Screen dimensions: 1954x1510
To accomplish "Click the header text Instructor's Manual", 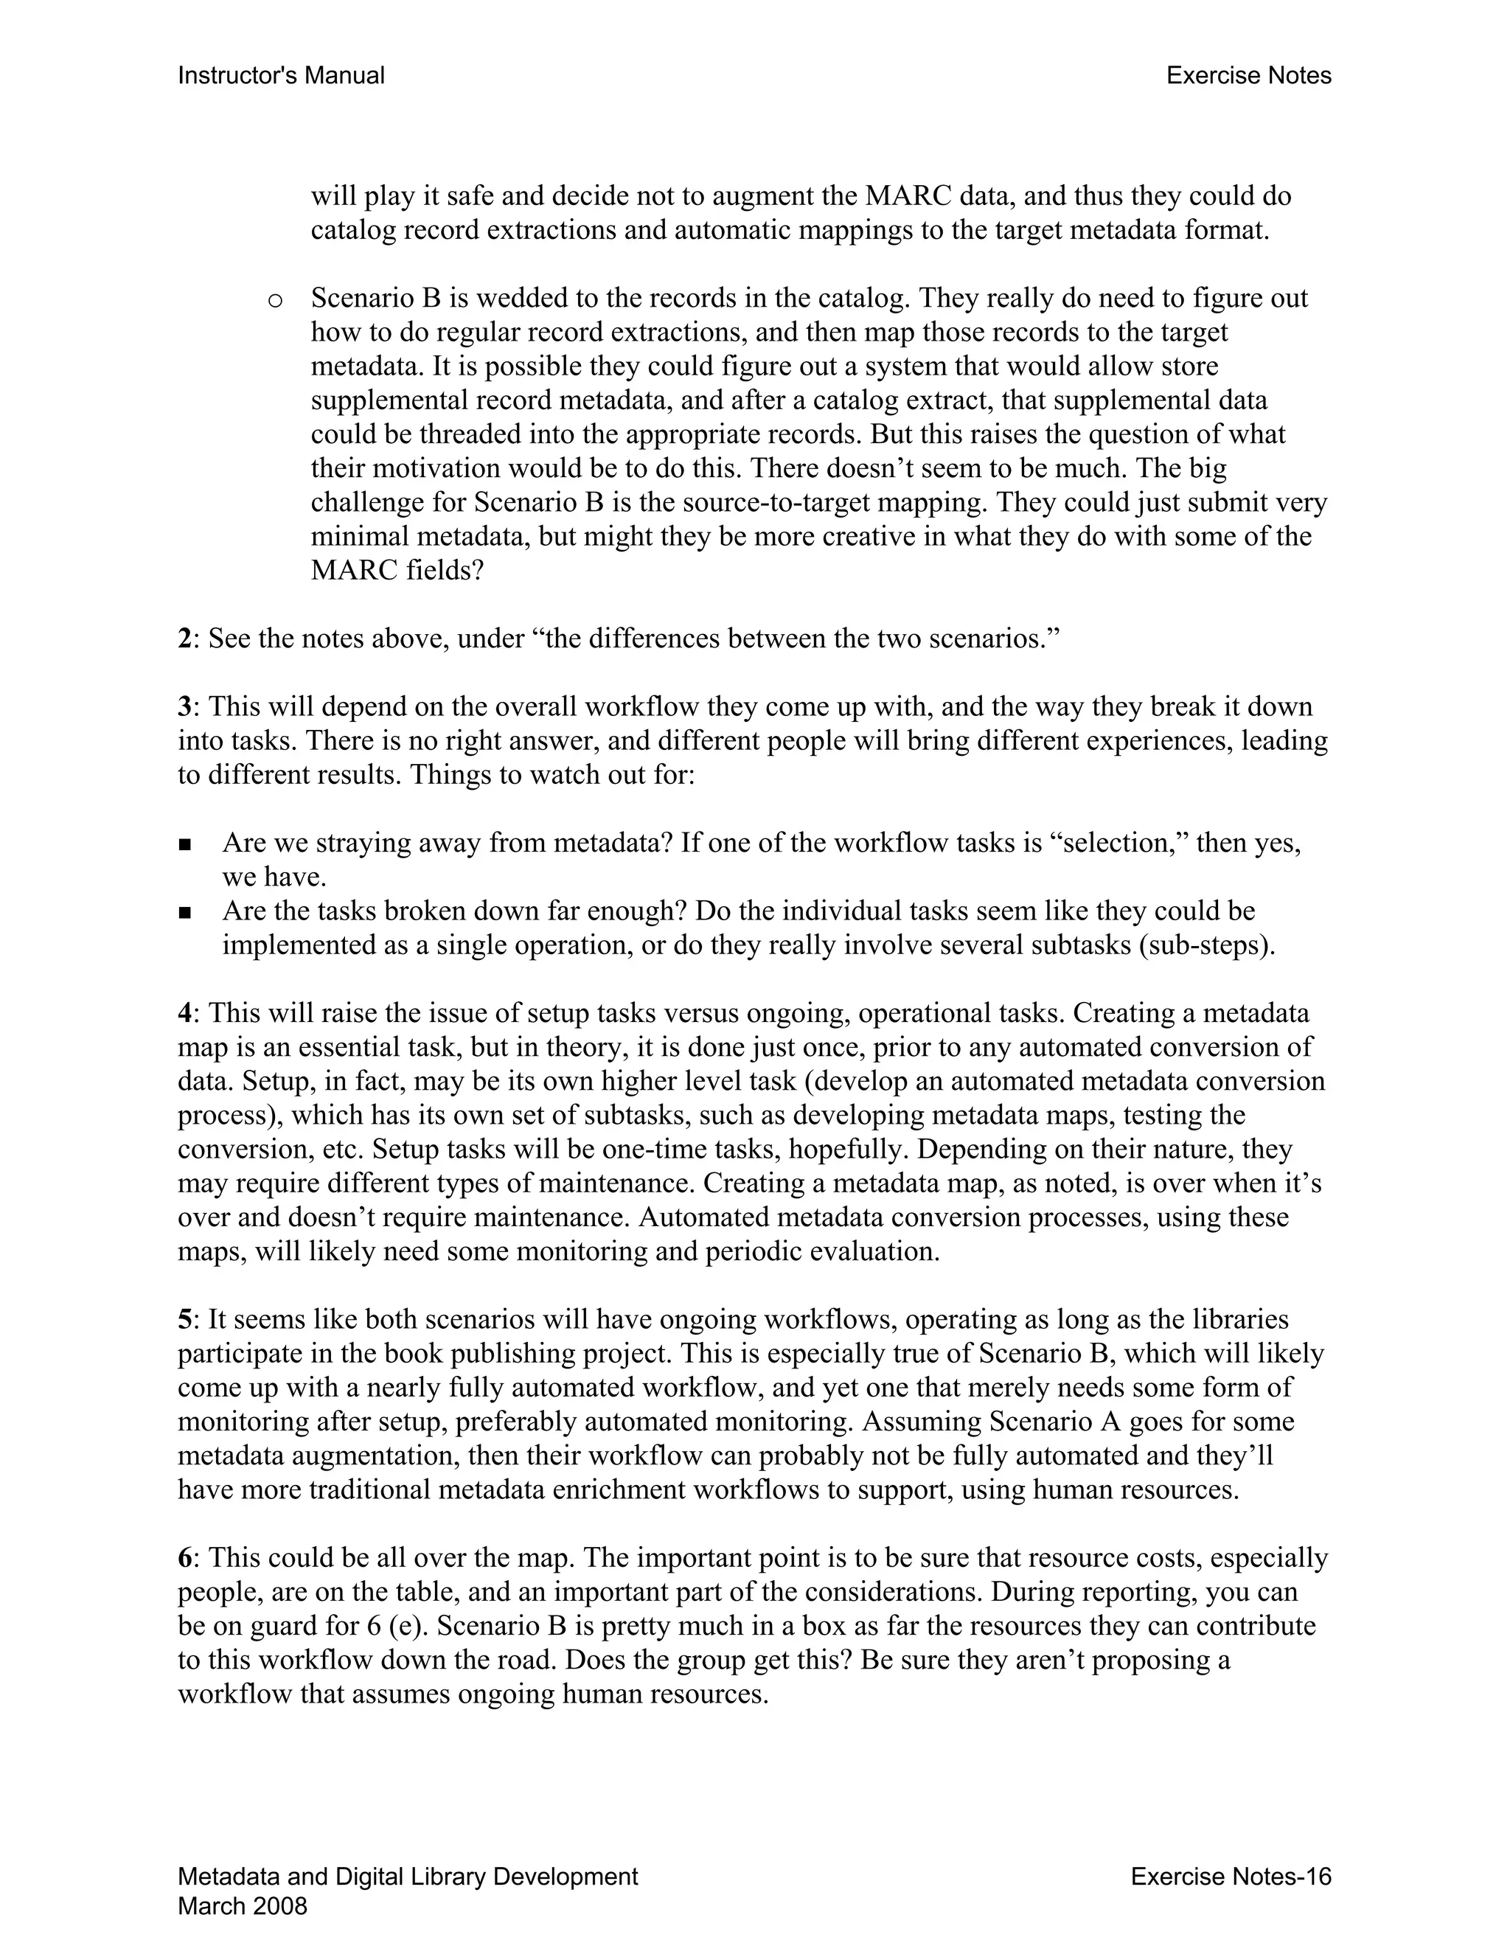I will [x=281, y=76].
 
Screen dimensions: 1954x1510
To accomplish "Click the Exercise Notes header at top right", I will [x=1248, y=76].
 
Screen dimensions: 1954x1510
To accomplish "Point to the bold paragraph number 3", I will [x=184, y=707].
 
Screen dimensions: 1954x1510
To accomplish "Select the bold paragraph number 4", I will [x=184, y=1014].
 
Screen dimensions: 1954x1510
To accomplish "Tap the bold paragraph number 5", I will [x=184, y=1320].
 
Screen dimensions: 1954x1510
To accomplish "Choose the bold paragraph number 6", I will [x=184, y=1559].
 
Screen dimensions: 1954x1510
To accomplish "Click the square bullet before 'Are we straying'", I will [x=185, y=844].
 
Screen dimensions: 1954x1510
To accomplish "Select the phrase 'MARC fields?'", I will [x=396, y=571].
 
